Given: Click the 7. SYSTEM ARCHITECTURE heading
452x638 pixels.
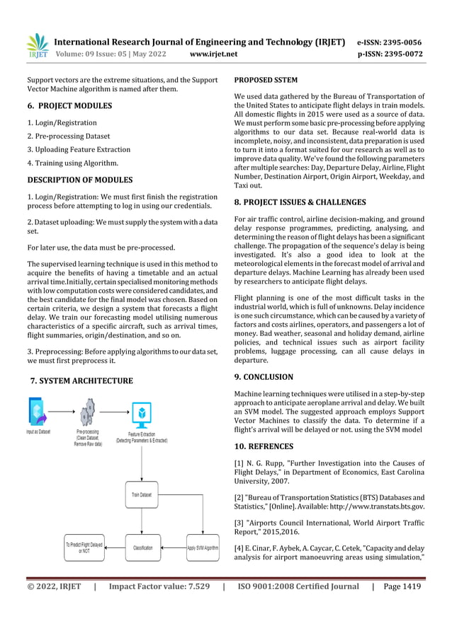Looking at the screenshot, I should point(81,381).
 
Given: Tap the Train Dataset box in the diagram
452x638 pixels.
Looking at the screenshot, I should point(142,494).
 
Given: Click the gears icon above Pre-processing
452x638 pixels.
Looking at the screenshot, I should point(89,412).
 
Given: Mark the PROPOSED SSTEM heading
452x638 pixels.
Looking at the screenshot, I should point(266,80).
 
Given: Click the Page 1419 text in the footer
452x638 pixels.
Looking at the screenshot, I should point(402,586).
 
